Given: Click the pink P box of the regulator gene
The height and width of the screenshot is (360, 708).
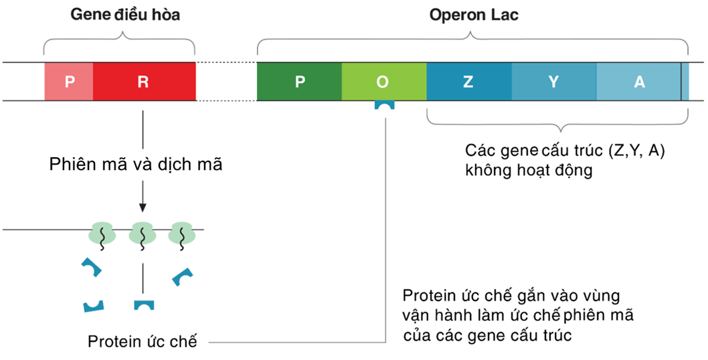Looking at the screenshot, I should point(68,82).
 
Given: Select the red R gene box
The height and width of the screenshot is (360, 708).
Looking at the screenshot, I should point(143,82).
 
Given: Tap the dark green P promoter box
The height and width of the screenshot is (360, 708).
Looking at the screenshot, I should point(299,82).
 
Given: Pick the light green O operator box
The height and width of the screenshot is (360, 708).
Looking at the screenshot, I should point(383,82).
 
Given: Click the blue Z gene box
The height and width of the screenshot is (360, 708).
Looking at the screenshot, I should point(468,82).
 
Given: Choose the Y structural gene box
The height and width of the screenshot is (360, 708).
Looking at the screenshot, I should point(553,82).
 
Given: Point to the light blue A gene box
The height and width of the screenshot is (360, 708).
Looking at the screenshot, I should point(639,82).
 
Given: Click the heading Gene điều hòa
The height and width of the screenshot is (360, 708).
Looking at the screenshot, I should point(125,15).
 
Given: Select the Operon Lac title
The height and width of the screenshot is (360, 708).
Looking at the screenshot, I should point(474,15).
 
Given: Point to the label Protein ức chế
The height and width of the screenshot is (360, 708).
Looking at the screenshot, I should point(143,341).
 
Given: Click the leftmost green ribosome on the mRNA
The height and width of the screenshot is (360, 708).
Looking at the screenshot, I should point(102,234).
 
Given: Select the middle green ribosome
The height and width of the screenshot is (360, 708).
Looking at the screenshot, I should point(143,234).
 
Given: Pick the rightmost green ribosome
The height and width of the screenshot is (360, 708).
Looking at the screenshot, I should point(182,234).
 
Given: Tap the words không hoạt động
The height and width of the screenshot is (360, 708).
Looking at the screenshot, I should point(529,171).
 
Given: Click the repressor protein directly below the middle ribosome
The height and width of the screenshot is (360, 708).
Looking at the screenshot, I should point(144,305).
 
